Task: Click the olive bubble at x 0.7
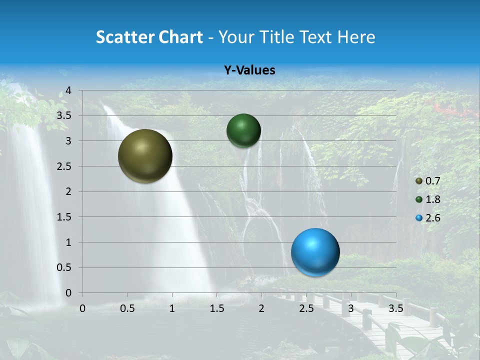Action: [x=145, y=156]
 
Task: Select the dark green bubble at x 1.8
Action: [x=243, y=130]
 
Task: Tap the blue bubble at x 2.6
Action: [x=315, y=252]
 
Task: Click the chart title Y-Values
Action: [x=249, y=70]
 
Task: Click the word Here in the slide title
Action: [x=356, y=37]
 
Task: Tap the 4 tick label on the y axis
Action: [x=68, y=90]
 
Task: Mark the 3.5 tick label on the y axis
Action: [x=64, y=115]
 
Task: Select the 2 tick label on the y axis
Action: [x=68, y=191]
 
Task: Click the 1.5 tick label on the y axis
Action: [x=64, y=217]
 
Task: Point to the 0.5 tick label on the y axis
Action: [x=64, y=267]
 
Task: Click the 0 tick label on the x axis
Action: [x=82, y=308]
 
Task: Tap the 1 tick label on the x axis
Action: [x=172, y=308]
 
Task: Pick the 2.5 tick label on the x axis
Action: [x=306, y=308]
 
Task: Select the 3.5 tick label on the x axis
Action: [x=395, y=308]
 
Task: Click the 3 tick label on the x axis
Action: [x=350, y=308]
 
